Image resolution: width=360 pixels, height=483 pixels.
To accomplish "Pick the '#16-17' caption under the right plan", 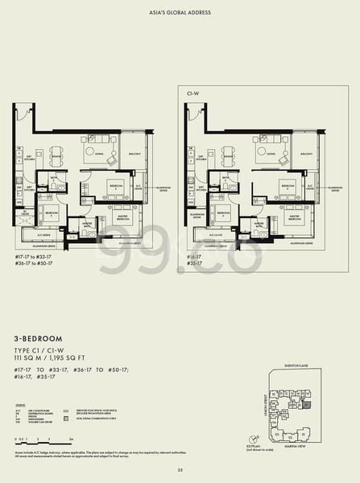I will click(x=193, y=254).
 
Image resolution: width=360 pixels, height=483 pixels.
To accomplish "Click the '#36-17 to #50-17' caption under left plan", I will click(x=32, y=262).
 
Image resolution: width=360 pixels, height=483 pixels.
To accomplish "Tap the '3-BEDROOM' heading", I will click(x=39, y=341).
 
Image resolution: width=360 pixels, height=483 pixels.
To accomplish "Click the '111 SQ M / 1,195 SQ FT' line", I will click(x=54, y=359).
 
